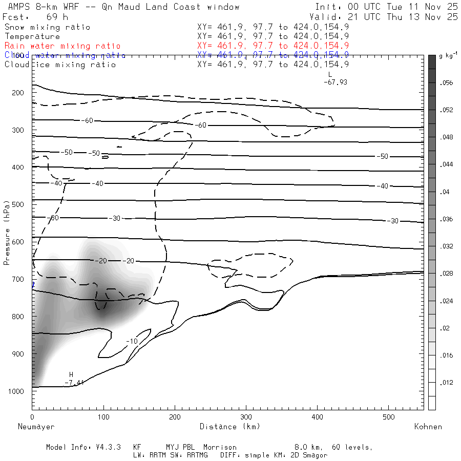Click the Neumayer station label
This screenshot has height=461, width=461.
pyautogui.click(x=36, y=426)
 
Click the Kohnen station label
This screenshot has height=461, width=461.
pyautogui.click(x=428, y=426)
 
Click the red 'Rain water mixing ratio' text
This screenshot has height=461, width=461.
pyautogui.click(x=62, y=46)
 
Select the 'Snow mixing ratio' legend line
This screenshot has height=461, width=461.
pyautogui.click(x=47, y=27)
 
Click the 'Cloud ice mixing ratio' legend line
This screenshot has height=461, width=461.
pyautogui.click(x=60, y=65)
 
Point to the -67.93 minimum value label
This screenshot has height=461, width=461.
pyautogui.click(x=336, y=82)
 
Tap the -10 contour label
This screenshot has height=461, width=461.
pyautogui.click(x=132, y=341)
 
